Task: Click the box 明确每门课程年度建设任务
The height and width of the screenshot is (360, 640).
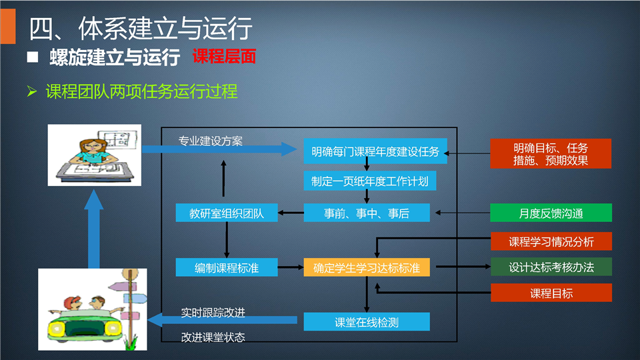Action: pos(375,151)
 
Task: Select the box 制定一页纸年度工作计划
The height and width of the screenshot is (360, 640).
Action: pos(370,181)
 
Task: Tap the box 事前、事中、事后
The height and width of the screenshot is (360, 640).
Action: pos(367,213)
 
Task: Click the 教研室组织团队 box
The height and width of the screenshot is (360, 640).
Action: pos(227,213)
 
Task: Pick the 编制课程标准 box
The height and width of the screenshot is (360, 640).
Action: pos(227,267)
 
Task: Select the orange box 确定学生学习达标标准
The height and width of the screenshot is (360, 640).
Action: pos(367,267)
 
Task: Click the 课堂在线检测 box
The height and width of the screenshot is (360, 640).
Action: pos(367,321)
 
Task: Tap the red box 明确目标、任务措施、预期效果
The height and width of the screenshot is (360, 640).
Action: pos(551,153)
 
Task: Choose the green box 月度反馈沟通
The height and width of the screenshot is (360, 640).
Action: pos(551,213)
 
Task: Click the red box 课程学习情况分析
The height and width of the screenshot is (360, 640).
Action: pos(551,241)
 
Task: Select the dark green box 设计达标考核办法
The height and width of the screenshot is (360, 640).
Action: pos(551,267)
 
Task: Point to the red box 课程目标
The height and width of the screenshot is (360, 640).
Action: pos(551,293)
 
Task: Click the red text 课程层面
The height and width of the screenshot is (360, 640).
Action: pos(224,56)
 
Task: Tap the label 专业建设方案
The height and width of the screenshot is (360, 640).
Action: pos(211,141)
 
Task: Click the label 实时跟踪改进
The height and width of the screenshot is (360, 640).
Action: pos(213,313)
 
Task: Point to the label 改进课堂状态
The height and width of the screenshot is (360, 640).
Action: pos(213,337)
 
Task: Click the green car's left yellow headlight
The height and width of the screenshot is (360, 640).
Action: pos(57,329)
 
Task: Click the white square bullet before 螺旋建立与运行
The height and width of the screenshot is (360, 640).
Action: pos(33,57)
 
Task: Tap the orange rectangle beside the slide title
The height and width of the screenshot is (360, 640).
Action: pos(8,26)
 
